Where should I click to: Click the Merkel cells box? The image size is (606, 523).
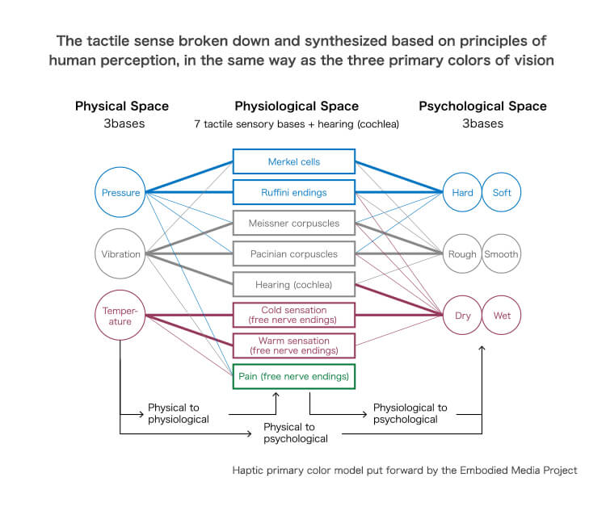click(x=293, y=161)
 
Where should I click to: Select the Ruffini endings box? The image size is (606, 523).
click(x=293, y=192)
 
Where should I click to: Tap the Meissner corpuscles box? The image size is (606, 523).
click(x=293, y=223)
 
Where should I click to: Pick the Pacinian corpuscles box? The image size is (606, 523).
click(x=293, y=253)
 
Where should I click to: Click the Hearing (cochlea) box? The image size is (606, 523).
click(x=293, y=284)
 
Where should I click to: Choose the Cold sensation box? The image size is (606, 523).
click(x=293, y=315)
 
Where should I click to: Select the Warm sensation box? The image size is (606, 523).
click(x=293, y=345)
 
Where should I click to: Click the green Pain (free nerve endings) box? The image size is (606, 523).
click(x=293, y=376)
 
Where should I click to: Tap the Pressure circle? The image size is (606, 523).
click(x=120, y=192)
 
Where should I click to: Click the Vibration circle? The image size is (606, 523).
click(x=120, y=253)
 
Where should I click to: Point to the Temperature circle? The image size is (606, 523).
click(x=120, y=315)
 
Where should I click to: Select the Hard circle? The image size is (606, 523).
click(x=462, y=192)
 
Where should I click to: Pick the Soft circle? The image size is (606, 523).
click(x=502, y=192)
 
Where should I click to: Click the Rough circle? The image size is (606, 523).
click(x=462, y=253)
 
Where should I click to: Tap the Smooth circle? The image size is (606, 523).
click(x=502, y=253)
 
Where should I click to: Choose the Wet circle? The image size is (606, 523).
click(x=502, y=315)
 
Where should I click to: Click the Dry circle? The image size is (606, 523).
click(x=462, y=315)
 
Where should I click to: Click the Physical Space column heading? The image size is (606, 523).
click(x=122, y=106)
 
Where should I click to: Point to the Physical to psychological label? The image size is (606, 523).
click(x=296, y=433)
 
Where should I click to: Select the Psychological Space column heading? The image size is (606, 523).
click(x=482, y=106)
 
